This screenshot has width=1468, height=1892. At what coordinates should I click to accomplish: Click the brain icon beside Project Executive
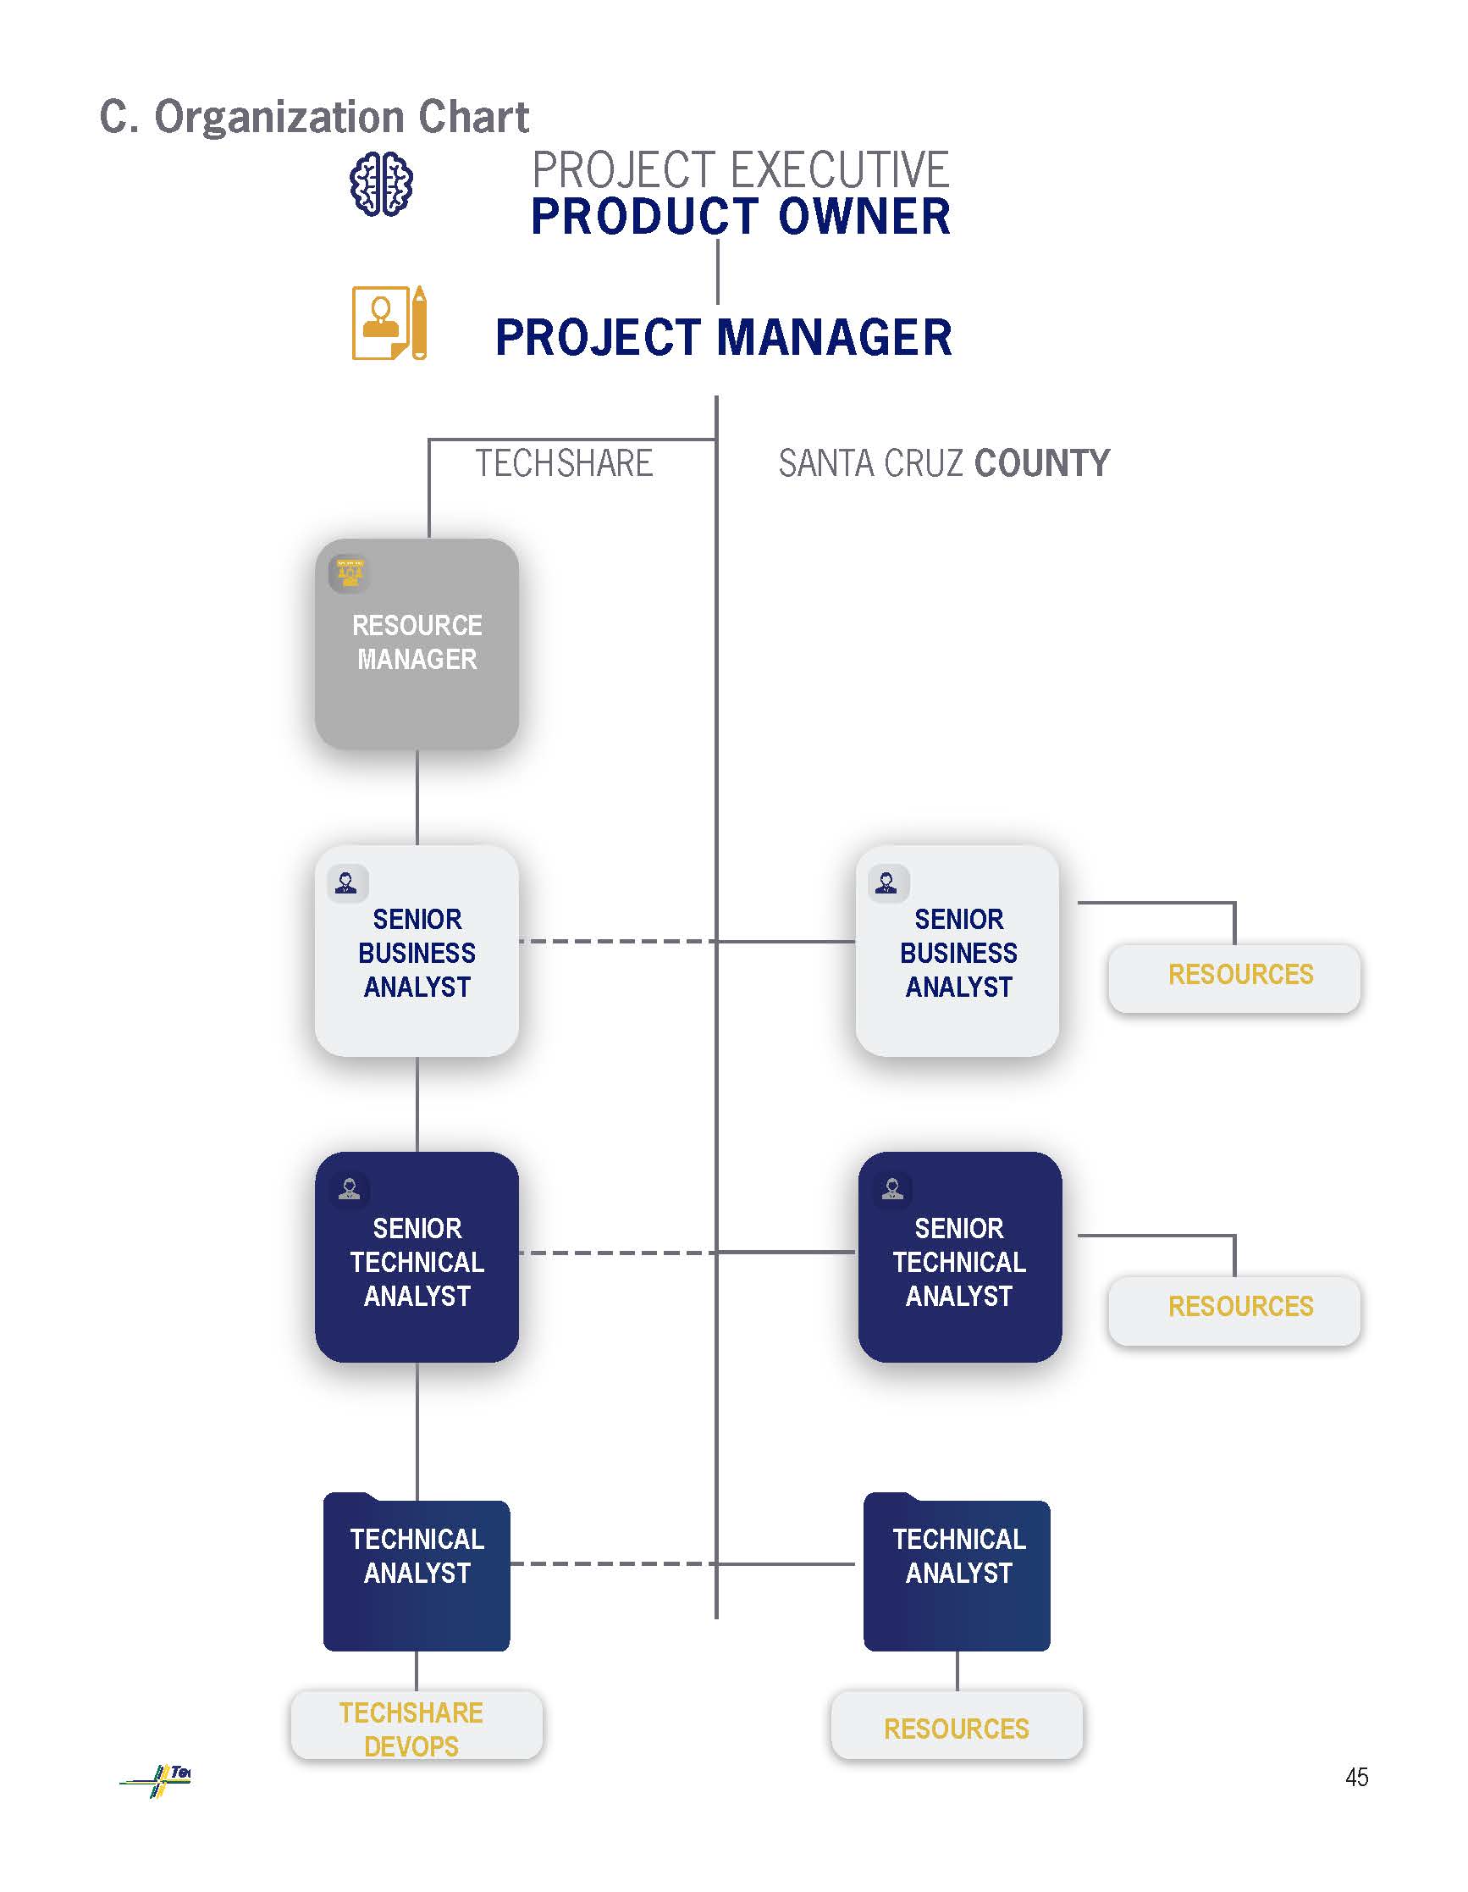click(x=380, y=184)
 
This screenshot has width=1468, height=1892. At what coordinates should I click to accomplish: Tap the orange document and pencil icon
click(x=389, y=324)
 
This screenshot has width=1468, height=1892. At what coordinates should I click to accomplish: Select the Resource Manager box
click(x=417, y=644)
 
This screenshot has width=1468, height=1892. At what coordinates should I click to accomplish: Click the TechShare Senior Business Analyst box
click(x=417, y=951)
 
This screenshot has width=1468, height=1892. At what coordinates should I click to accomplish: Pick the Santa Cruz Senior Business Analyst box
click(x=957, y=951)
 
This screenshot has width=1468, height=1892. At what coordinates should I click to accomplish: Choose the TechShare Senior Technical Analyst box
click(x=417, y=1257)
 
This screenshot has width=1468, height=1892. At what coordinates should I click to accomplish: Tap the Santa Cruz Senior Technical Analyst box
click(x=958, y=1257)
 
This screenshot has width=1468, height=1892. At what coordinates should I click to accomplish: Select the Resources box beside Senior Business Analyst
click(x=1234, y=976)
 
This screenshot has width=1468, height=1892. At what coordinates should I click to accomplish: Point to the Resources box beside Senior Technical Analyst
click(x=1234, y=1308)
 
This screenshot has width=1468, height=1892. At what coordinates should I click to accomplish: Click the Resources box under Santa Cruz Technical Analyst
click(x=956, y=1727)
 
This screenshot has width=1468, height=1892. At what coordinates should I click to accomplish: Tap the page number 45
click(x=1356, y=1777)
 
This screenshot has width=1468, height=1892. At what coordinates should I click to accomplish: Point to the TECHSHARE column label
click(x=564, y=463)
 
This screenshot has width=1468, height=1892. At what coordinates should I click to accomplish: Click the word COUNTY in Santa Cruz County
click(x=1042, y=463)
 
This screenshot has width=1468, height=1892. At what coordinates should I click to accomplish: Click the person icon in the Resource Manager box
click(x=350, y=573)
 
